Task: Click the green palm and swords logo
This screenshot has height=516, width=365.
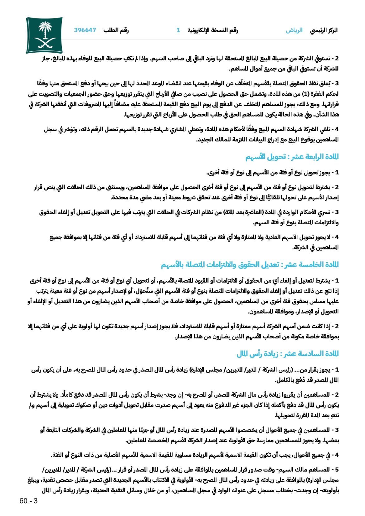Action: (x=44, y=35)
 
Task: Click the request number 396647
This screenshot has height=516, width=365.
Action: (x=85, y=30)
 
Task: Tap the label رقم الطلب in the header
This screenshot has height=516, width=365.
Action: (x=116, y=30)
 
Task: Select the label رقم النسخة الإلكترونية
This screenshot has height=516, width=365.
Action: (x=213, y=30)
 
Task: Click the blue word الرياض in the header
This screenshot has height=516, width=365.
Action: (x=294, y=31)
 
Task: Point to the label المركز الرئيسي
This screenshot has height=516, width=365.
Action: (x=324, y=31)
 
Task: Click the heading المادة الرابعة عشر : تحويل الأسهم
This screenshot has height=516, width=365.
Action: (x=292, y=157)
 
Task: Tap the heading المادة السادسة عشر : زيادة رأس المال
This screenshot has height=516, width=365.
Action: (x=287, y=354)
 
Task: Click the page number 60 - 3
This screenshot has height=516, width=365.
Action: (x=28, y=501)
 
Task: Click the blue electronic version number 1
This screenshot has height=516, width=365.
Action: (x=178, y=30)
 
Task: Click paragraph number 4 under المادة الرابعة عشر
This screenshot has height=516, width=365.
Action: (x=337, y=237)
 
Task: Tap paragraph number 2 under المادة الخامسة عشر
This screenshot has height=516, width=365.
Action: (x=337, y=327)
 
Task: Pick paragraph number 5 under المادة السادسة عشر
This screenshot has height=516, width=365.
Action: (x=337, y=470)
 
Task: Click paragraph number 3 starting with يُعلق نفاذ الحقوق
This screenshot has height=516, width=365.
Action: (x=337, y=84)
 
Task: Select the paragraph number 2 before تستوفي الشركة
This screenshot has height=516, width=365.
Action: (x=337, y=59)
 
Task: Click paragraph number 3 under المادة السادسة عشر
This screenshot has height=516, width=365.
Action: (x=337, y=430)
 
